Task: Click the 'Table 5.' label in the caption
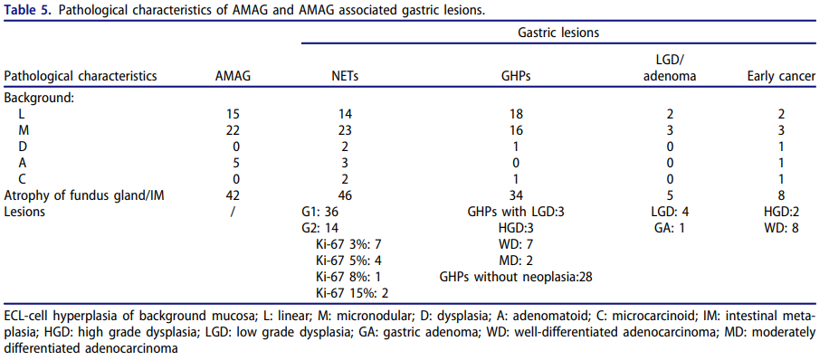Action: [27, 11]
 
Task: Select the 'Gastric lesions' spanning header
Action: [558, 33]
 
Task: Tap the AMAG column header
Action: [233, 76]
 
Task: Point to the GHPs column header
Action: [516, 76]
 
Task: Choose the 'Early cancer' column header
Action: [781, 76]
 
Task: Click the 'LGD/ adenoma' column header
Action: [670, 68]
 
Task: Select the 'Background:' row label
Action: [39, 99]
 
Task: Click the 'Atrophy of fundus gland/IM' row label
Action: [84, 196]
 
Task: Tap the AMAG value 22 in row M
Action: [233, 130]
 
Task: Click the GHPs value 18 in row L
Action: [516, 114]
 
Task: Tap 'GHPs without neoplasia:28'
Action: [516, 278]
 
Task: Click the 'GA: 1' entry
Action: [669, 228]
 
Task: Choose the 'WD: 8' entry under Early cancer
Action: [781, 228]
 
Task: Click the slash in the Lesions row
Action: [233, 213]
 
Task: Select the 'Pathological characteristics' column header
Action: [81, 76]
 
